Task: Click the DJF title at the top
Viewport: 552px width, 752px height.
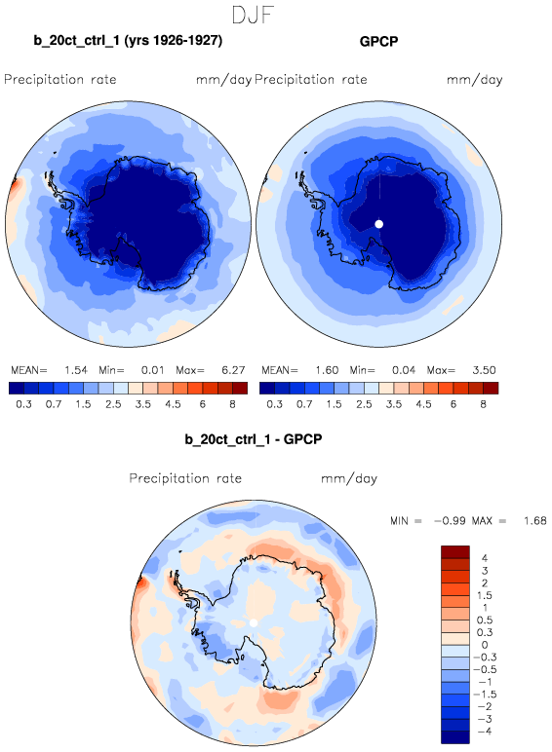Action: tap(253, 15)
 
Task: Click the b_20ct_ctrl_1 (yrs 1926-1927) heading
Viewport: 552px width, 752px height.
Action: tap(128, 40)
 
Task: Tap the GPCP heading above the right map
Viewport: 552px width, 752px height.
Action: tap(378, 41)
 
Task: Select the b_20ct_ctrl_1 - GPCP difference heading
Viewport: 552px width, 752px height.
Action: tap(254, 438)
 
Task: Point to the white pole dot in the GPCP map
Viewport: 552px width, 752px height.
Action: tap(378, 224)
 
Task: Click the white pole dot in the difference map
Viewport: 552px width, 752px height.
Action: tap(254, 622)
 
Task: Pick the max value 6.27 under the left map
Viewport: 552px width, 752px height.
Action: tap(233, 370)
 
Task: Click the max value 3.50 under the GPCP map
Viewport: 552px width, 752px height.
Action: tap(484, 370)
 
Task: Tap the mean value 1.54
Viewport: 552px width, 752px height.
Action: tap(76, 370)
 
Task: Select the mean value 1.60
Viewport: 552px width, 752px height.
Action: tap(327, 370)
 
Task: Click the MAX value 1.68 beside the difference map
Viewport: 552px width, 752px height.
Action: tap(535, 521)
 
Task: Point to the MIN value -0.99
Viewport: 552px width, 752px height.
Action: tap(450, 521)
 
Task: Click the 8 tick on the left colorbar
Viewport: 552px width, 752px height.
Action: tap(232, 404)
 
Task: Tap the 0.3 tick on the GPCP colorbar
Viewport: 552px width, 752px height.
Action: tap(274, 404)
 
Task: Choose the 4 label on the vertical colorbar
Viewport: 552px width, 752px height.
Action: tap(485, 558)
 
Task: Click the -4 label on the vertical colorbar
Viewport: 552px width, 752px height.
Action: tap(482, 732)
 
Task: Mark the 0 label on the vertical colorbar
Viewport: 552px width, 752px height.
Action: tap(485, 645)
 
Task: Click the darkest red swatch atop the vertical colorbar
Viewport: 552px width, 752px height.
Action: tap(455, 552)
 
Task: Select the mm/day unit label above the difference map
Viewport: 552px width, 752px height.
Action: tap(349, 478)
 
